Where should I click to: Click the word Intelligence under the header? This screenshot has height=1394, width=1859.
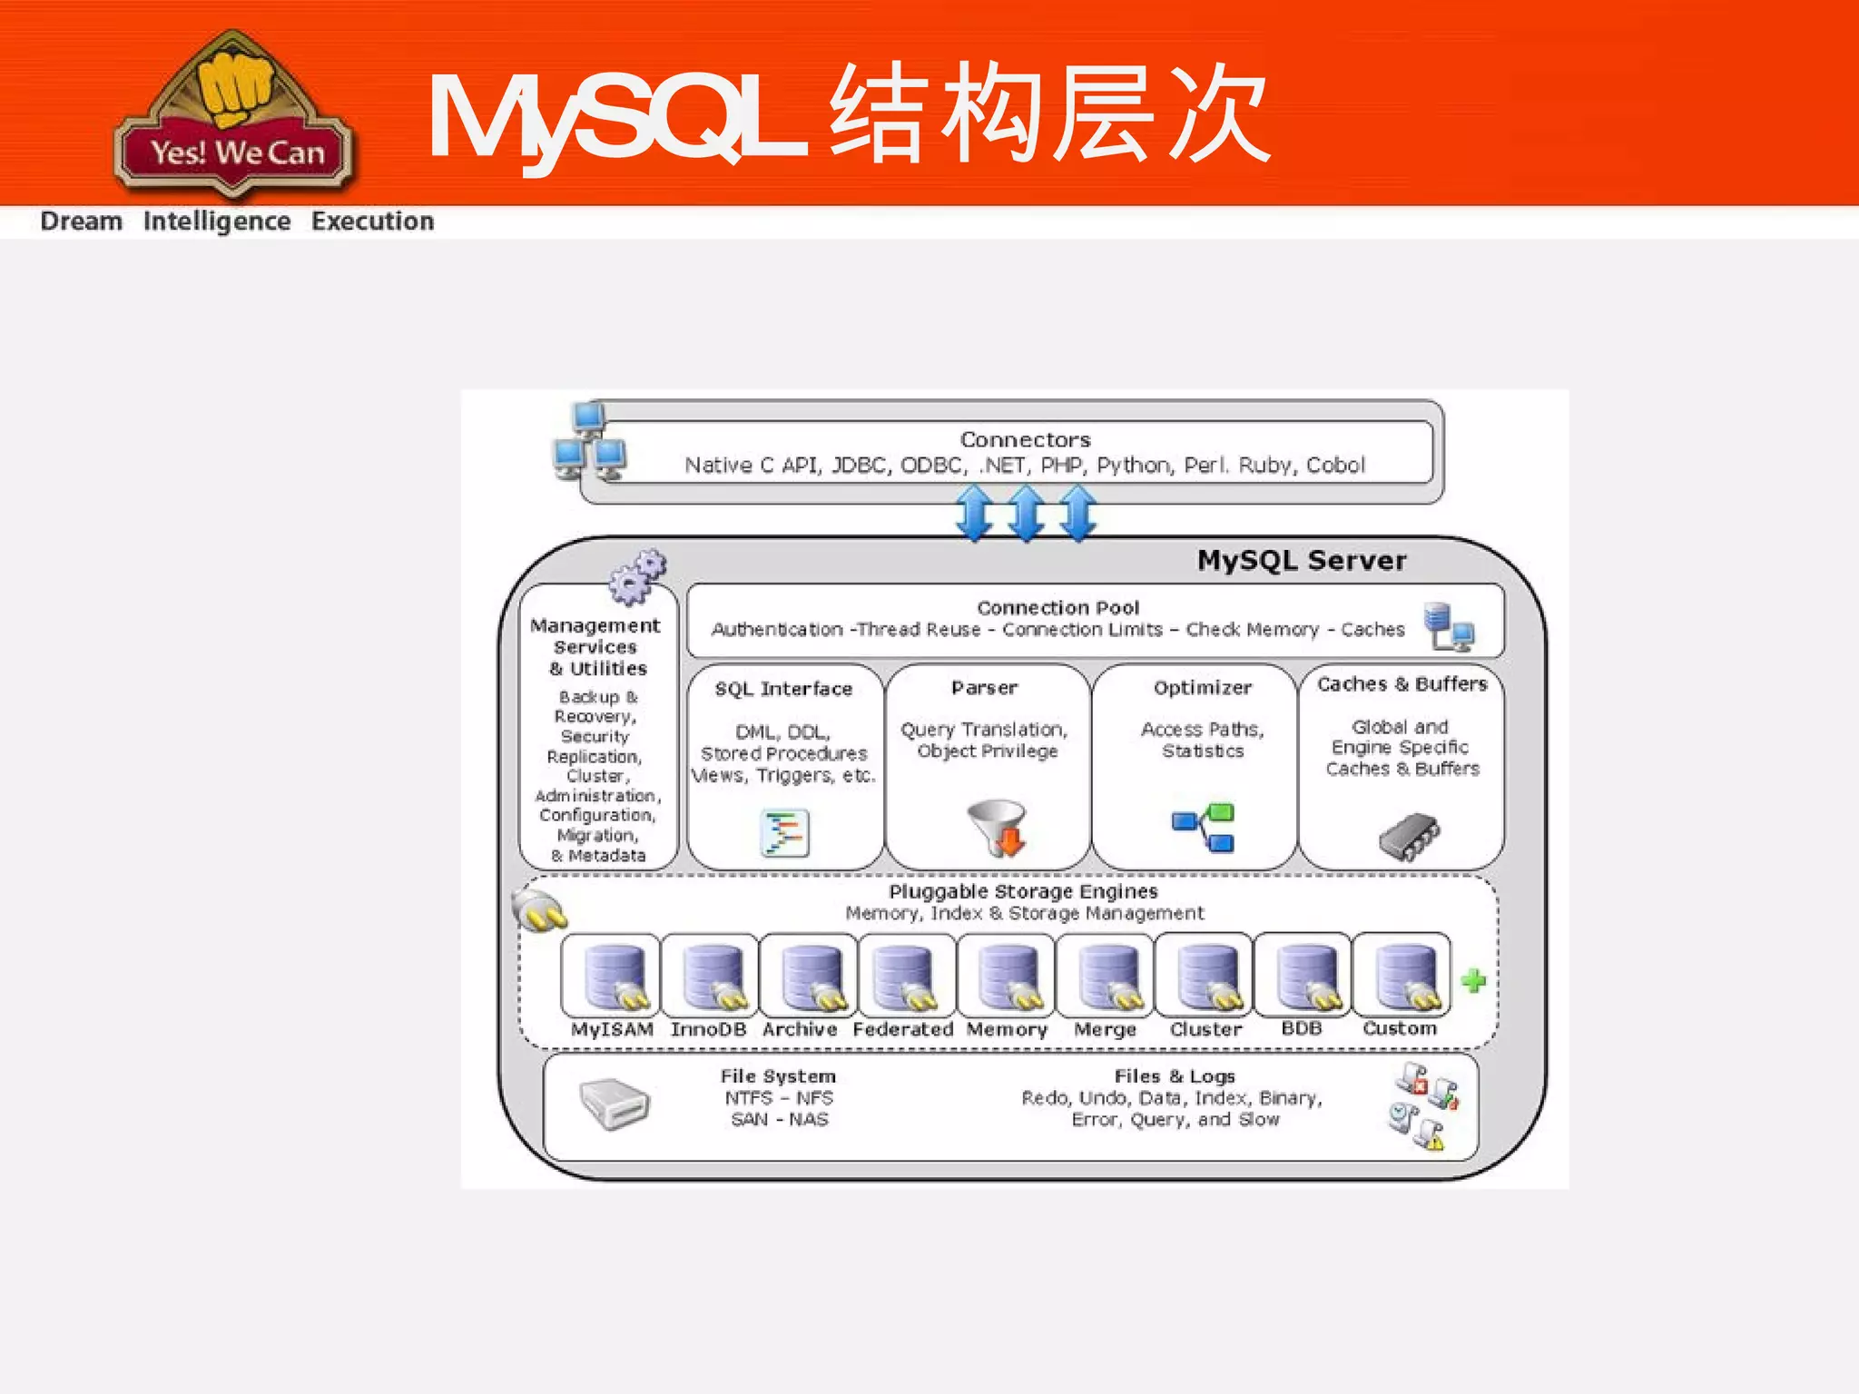(x=217, y=221)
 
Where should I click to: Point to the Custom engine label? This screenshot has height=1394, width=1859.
(x=1400, y=1028)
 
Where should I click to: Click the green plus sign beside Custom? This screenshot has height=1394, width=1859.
(x=1473, y=980)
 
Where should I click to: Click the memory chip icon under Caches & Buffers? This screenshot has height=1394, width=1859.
(x=1409, y=836)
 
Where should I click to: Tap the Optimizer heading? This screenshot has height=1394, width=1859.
(x=1203, y=688)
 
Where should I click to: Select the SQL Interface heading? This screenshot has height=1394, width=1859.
(x=783, y=689)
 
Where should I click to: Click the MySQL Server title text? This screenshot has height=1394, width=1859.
(x=1302, y=560)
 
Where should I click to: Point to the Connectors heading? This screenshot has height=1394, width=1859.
(x=1026, y=440)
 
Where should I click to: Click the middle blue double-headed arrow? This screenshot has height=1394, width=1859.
(x=1027, y=513)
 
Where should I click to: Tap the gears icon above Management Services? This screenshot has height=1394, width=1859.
(x=637, y=576)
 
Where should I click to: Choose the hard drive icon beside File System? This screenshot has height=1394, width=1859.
(x=615, y=1104)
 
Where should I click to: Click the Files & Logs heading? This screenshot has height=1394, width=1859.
(x=1175, y=1076)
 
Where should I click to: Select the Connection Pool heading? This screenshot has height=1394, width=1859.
(x=1058, y=608)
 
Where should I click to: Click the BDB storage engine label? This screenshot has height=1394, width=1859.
(x=1302, y=1028)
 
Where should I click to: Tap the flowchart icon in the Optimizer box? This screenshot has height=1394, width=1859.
(x=1205, y=828)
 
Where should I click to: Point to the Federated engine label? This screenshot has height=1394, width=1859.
(x=903, y=1029)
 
